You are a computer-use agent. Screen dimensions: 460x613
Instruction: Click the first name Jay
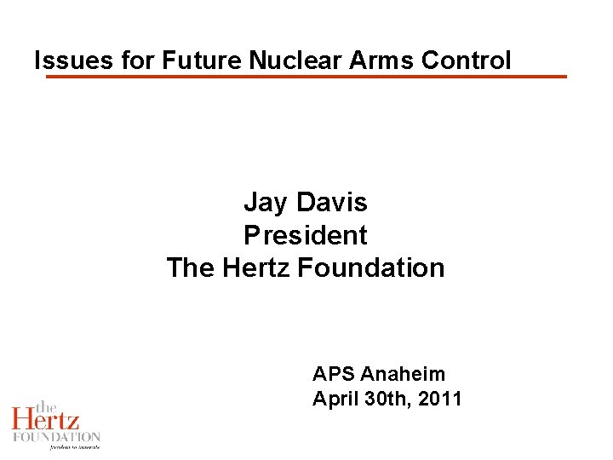pos(265,203)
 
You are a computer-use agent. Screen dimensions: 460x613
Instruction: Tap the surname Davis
pos(332,203)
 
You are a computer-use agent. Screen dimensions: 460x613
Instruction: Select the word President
pos(306,235)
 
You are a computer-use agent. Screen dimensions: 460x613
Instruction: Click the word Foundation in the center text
pos(371,267)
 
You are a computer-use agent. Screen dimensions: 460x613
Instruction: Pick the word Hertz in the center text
pos(256,267)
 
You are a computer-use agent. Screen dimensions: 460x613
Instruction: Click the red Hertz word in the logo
pos(46,419)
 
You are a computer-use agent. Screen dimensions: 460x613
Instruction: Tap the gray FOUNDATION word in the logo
pos(56,436)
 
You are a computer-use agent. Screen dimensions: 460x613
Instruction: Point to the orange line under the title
pos(306,77)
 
